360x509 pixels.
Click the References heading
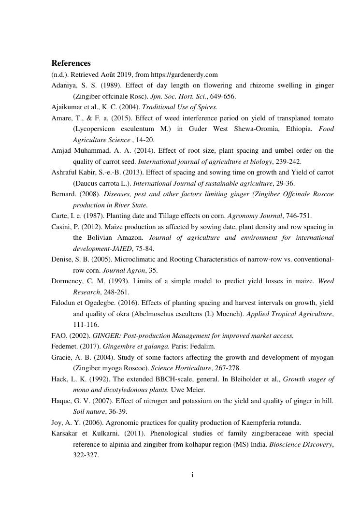tap(71, 63)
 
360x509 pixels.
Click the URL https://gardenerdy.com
tap(184, 74)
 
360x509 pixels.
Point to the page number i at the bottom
tap(193, 475)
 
